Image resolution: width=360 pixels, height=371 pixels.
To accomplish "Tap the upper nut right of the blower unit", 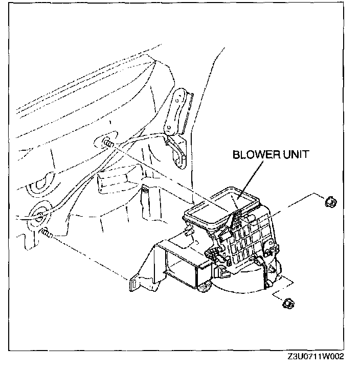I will click(x=330, y=202).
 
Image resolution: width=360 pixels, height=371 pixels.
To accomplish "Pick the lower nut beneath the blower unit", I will click(x=288, y=304).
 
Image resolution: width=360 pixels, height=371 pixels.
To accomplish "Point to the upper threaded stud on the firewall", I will click(x=107, y=143).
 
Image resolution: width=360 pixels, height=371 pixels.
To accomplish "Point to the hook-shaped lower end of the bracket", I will click(x=179, y=156).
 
